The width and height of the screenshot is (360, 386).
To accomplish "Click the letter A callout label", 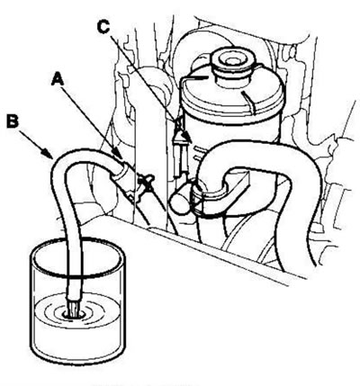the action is point(58,80).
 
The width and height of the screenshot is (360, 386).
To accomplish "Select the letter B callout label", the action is point(13,121).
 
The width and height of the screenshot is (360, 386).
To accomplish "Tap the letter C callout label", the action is point(103,27).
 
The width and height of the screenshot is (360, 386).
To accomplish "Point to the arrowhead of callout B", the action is point(49,154).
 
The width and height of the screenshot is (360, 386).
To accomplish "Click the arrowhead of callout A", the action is point(119,155).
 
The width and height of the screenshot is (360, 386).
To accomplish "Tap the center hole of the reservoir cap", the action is point(231,60).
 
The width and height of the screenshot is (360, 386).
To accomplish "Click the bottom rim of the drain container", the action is point(77,358).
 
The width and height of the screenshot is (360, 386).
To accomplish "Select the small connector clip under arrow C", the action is point(179,150).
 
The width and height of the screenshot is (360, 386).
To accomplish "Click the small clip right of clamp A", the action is point(145,183).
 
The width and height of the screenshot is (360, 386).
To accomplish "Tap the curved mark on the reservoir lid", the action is point(249,103).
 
